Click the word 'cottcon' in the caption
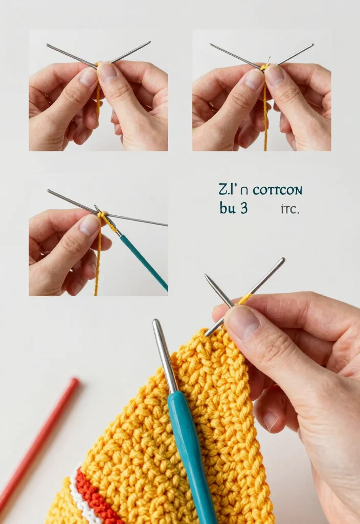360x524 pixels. tap(278, 190)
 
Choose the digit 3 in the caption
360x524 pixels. tap(244, 208)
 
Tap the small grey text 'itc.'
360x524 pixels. tap(289, 209)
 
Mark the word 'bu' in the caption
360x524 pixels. tap(227, 208)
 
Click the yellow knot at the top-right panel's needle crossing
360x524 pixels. tap(265, 67)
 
